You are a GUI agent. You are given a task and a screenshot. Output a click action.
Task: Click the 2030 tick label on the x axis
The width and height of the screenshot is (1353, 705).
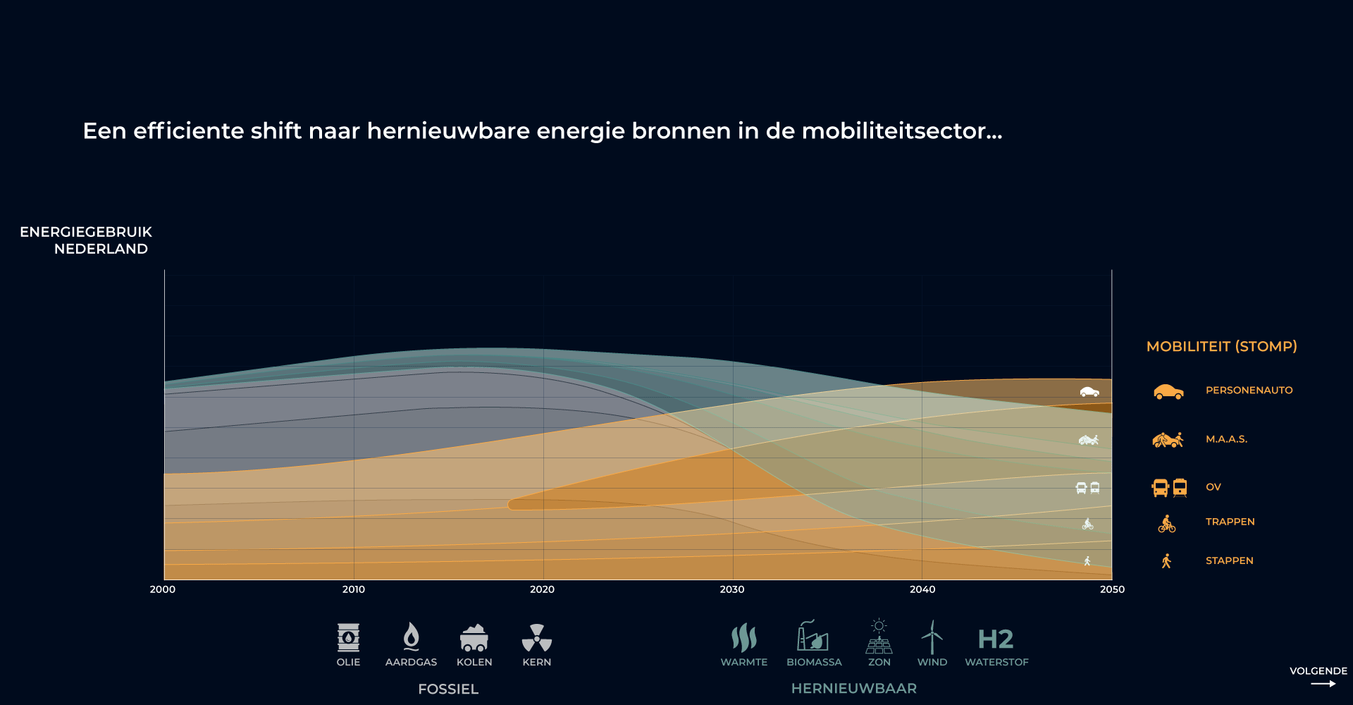coord(732,589)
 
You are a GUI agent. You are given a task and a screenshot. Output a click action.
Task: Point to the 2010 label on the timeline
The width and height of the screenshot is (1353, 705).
coord(354,589)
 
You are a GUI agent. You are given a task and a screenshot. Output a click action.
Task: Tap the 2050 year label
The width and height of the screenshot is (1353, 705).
coord(1112,589)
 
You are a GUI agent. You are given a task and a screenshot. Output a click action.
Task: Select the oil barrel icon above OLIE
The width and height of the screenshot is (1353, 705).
coord(348,637)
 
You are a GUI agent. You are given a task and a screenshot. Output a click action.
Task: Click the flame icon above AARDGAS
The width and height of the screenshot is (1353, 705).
coord(411,637)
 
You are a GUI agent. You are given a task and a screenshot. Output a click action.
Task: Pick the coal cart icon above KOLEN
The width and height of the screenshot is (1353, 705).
coord(474,637)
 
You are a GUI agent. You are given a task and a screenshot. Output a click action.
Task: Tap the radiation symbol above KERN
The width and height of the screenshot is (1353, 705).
coord(537,637)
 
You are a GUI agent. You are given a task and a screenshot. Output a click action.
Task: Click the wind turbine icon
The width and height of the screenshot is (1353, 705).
coord(932,637)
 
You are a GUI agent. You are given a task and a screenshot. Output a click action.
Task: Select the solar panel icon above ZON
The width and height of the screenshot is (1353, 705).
coord(879,637)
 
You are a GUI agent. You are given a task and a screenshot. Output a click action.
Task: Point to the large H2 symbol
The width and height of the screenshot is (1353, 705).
coord(996,639)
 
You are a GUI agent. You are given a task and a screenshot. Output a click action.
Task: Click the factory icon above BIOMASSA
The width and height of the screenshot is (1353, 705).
coord(813,635)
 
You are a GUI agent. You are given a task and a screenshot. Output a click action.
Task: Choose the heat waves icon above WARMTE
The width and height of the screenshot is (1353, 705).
coord(743,637)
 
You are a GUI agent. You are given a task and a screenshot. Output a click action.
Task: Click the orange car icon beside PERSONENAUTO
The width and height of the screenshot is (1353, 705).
coord(1168,391)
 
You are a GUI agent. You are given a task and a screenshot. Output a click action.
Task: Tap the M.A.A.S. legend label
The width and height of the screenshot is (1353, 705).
coord(1226,439)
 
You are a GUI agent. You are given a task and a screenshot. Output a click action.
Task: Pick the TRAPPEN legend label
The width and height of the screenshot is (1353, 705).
coord(1230,522)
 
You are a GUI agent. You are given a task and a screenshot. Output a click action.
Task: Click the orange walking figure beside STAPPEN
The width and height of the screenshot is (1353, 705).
coord(1166,560)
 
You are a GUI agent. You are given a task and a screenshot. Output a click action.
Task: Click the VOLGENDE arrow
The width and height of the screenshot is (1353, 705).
coord(1323,683)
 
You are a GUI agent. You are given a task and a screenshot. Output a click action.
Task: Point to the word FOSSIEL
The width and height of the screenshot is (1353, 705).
coord(448,689)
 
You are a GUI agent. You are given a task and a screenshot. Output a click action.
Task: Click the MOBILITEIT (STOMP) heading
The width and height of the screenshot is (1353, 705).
coord(1222,346)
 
